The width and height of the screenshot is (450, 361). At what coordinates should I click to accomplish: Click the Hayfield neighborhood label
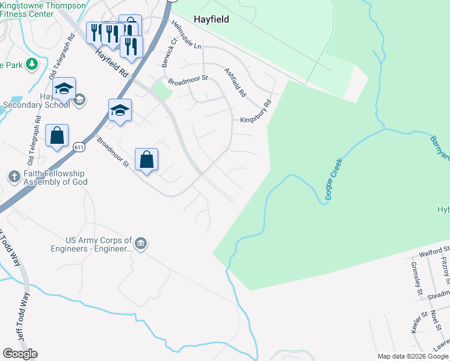(211, 19)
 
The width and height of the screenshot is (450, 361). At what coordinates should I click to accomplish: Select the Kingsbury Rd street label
(256, 111)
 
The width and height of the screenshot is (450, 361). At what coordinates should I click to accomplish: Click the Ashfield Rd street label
(235, 82)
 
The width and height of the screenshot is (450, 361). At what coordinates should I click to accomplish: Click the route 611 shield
(79, 147)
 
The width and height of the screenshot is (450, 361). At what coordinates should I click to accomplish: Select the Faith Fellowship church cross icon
(14, 176)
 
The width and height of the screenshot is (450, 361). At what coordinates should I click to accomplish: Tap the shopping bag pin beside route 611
(57, 136)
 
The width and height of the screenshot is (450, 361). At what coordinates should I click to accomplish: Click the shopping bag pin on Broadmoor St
(146, 160)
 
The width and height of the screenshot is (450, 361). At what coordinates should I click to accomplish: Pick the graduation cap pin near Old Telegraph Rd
(64, 89)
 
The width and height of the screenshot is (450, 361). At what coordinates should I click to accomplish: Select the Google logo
(20, 354)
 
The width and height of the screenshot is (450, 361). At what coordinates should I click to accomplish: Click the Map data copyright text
(413, 356)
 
